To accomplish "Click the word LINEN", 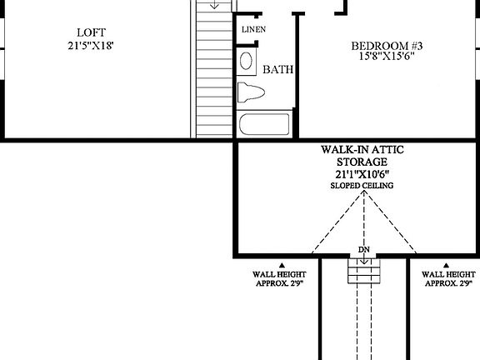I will [254, 30].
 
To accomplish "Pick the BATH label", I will [277, 70].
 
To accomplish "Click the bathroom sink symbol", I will [247, 60].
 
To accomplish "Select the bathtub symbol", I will [264, 126].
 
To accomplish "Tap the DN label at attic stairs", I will [363, 249].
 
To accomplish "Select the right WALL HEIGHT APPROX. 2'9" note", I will [449, 278].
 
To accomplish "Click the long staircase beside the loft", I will [212, 75].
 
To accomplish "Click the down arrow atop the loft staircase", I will [214, 4].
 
